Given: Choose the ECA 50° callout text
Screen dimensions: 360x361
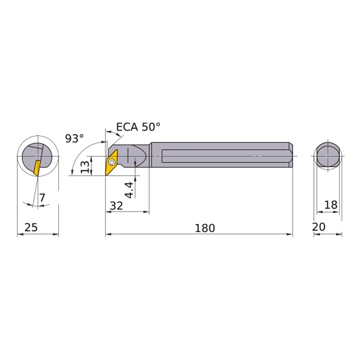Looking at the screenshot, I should [x=138, y=126].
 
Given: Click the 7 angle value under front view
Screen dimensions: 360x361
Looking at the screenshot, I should [x=42, y=199].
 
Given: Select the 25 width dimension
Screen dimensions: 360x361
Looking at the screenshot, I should [x=30, y=229].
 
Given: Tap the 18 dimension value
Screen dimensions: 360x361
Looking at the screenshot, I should [x=332, y=205].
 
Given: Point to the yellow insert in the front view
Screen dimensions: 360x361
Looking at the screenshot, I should [x=37, y=168].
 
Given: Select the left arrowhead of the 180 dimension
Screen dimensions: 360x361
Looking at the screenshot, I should [x=108, y=235].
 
